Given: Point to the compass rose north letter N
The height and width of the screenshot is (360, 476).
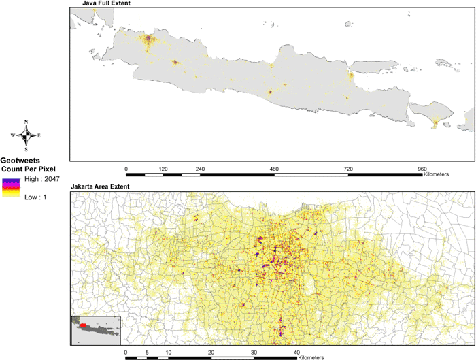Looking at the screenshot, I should [x=26, y=122].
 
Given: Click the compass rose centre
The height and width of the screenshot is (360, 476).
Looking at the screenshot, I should [x=26, y=135].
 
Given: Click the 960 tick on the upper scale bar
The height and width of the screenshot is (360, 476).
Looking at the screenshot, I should [x=422, y=174].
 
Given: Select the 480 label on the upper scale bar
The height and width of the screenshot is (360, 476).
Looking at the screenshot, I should [x=274, y=167].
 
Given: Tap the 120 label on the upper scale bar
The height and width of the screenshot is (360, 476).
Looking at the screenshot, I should [x=163, y=167].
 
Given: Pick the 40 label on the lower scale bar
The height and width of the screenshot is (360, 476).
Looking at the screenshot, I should [x=297, y=352].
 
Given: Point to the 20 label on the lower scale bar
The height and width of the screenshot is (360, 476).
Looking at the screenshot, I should [x=211, y=352].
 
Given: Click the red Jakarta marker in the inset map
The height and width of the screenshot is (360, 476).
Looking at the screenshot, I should [x=82, y=326].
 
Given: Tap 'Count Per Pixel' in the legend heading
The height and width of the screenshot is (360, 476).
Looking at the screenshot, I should [x=28, y=167].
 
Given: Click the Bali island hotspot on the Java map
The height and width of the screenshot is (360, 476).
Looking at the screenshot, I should [x=435, y=122].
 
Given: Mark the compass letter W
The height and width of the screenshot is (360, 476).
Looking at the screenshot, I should [x=13, y=135].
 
